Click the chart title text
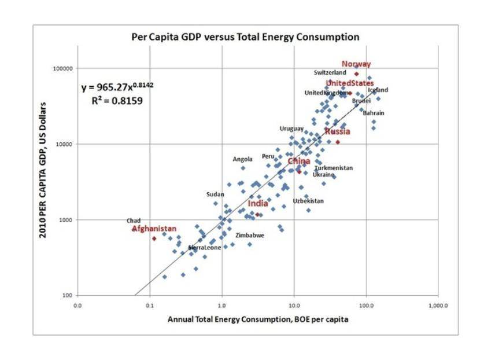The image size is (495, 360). click(x=246, y=37)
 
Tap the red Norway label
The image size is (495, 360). click(x=356, y=64)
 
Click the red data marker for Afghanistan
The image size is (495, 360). click(x=154, y=238)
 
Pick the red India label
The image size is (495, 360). click(x=258, y=204)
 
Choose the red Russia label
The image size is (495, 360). click(x=337, y=131)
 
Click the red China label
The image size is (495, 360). click(x=299, y=161)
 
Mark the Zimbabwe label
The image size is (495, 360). click(x=250, y=236)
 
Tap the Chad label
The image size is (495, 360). click(x=134, y=221)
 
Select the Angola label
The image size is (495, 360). click(x=242, y=159)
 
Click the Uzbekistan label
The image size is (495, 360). click(x=308, y=201)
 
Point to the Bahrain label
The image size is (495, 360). click(x=373, y=113)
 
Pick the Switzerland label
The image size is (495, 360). click(x=330, y=73)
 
